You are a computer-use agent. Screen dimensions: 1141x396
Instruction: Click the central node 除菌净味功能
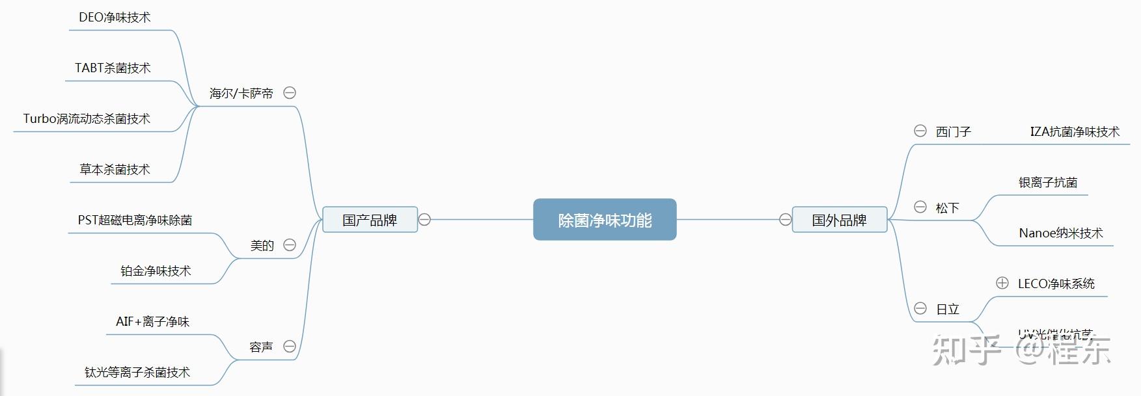point(605,220)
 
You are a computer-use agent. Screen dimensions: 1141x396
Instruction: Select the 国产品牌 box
point(370,220)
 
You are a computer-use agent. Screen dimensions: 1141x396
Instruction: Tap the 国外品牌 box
point(839,220)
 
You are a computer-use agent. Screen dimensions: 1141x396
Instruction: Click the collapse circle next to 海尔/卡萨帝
point(290,93)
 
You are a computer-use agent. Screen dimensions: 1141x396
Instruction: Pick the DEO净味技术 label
point(115,18)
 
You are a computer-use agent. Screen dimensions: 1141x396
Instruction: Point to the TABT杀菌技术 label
point(113,68)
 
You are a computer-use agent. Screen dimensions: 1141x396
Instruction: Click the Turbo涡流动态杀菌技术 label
point(87,119)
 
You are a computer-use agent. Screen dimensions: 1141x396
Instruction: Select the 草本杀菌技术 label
point(115,170)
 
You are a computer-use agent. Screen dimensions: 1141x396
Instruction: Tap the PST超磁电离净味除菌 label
point(135,220)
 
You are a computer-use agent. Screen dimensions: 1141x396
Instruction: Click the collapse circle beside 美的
point(290,245)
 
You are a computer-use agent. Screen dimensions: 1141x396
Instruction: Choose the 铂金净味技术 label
point(156,271)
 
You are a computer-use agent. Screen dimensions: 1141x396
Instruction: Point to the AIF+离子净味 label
point(152,322)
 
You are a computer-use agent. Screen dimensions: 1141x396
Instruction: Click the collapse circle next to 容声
point(290,347)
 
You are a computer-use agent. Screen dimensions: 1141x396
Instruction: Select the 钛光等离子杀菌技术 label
point(137,373)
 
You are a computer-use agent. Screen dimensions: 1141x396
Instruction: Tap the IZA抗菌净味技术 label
point(1075,132)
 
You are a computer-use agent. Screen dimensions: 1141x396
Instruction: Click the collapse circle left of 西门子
point(920,131)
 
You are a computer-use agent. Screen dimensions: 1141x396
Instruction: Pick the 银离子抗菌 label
point(1048,183)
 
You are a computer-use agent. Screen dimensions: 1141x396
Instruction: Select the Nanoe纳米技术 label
point(1061,233)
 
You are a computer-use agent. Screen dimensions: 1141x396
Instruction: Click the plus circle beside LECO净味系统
point(1002,283)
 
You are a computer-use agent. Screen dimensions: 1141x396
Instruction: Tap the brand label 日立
point(948,310)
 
